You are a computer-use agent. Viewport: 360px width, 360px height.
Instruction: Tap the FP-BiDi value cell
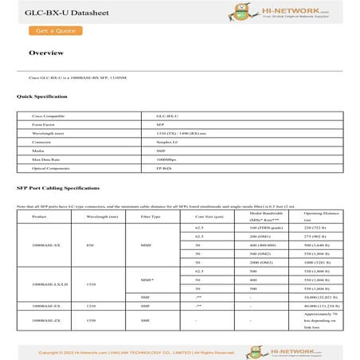coord(165,170)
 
